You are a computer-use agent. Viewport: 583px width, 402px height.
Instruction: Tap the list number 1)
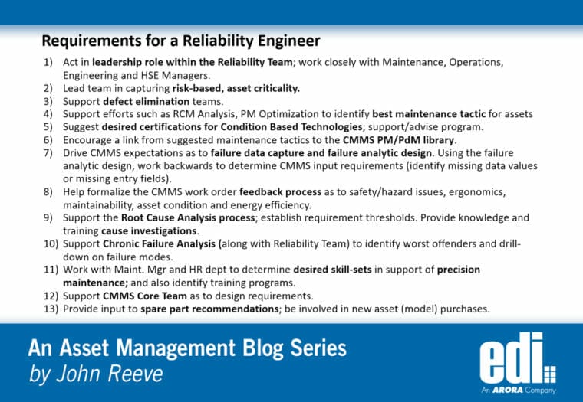point(48,63)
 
